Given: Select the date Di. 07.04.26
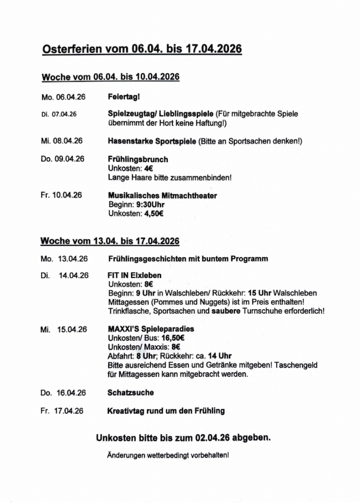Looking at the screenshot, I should click(x=59, y=114).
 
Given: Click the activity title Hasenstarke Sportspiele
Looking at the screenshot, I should click(x=152, y=141).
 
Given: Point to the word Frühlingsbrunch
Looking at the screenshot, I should click(x=138, y=159).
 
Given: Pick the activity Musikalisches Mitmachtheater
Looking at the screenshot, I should click(x=162, y=196).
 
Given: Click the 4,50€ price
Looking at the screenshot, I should click(x=154, y=213).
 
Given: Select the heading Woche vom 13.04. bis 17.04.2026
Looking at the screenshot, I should click(x=110, y=241).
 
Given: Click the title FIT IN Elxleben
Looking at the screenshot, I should click(x=134, y=276).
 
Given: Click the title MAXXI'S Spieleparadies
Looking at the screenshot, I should click(x=150, y=329).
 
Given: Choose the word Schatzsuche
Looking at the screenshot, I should click(x=130, y=392).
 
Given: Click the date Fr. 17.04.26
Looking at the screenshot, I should click(x=62, y=411).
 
